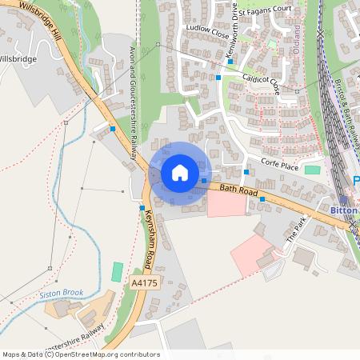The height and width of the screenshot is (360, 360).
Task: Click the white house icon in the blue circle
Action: tap(179, 172)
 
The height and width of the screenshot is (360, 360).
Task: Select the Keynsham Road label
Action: tap(150, 238)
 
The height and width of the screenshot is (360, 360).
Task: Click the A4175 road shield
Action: tap(145, 282)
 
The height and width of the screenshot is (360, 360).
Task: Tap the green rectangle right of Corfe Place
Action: tap(312, 170)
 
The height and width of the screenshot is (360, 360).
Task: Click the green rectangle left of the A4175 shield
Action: tap(118, 271)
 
